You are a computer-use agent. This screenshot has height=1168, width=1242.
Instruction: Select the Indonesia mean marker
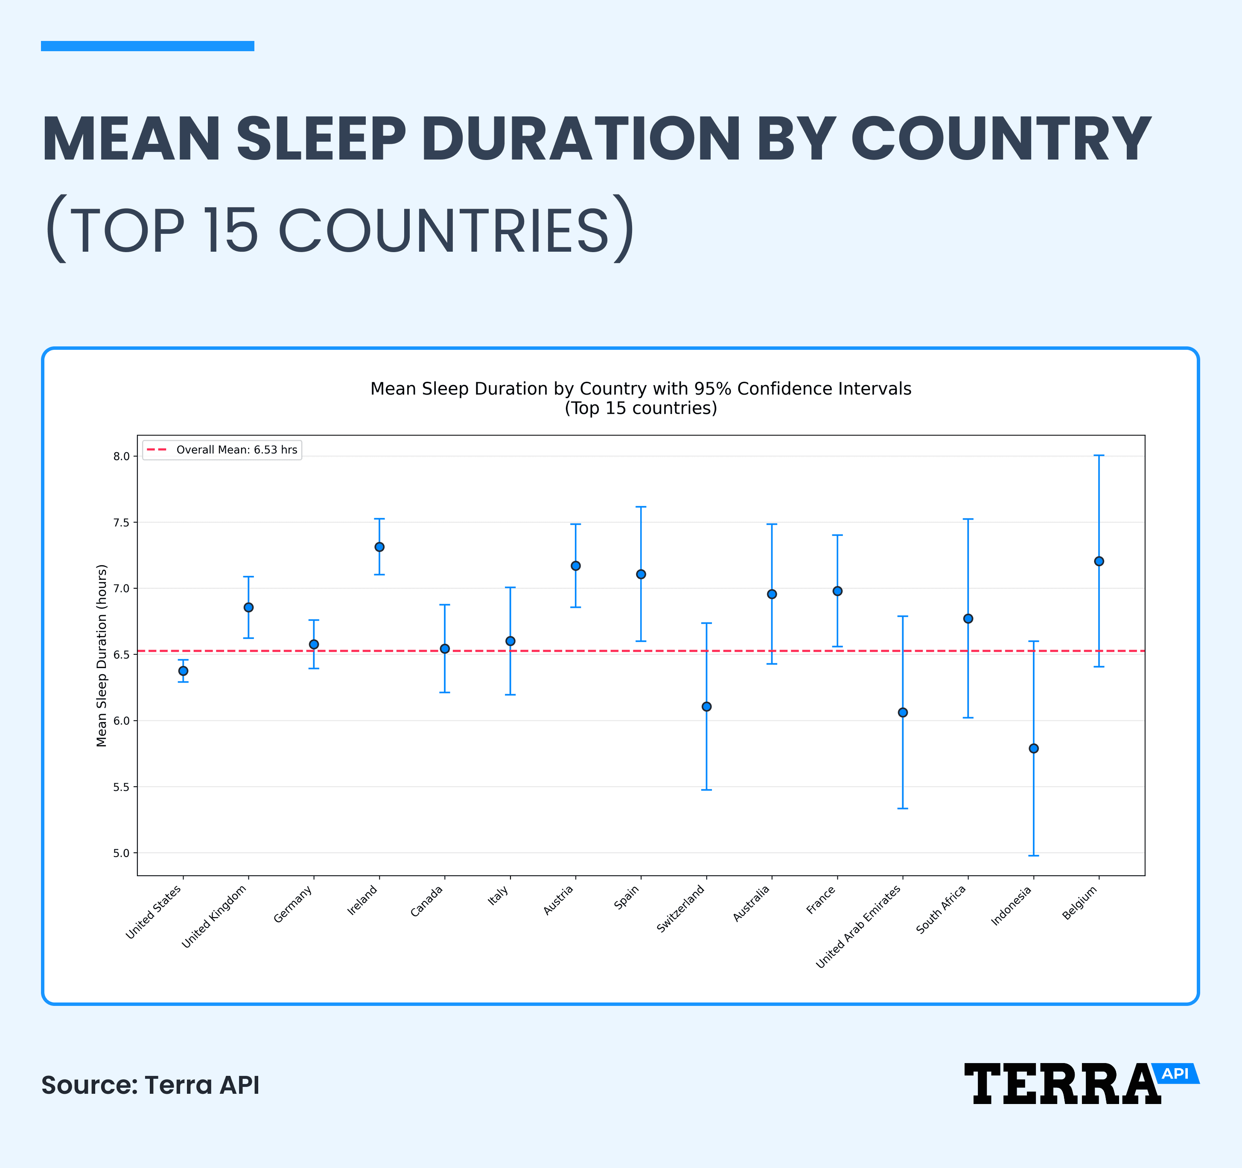pos(1033,748)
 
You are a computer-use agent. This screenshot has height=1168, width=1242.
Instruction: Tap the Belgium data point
pos(1099,561)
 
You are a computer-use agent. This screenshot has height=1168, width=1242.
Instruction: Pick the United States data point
pos(183,671)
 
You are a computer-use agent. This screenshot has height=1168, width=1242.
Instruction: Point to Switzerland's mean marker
pos(707,706)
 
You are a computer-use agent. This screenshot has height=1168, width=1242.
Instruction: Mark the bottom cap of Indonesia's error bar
pos(1033,855)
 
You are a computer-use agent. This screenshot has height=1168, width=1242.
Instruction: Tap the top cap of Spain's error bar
pos(641,507)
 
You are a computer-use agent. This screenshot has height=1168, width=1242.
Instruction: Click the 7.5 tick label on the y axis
pos(121,522)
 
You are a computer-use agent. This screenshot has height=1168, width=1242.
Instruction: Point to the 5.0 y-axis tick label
pos(121,853)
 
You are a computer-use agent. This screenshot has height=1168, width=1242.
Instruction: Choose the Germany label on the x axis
pos(294,904)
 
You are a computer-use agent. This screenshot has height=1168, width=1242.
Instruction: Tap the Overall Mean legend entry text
pos(236,450)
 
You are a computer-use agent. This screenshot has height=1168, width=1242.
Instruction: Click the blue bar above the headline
pos(147,46)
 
